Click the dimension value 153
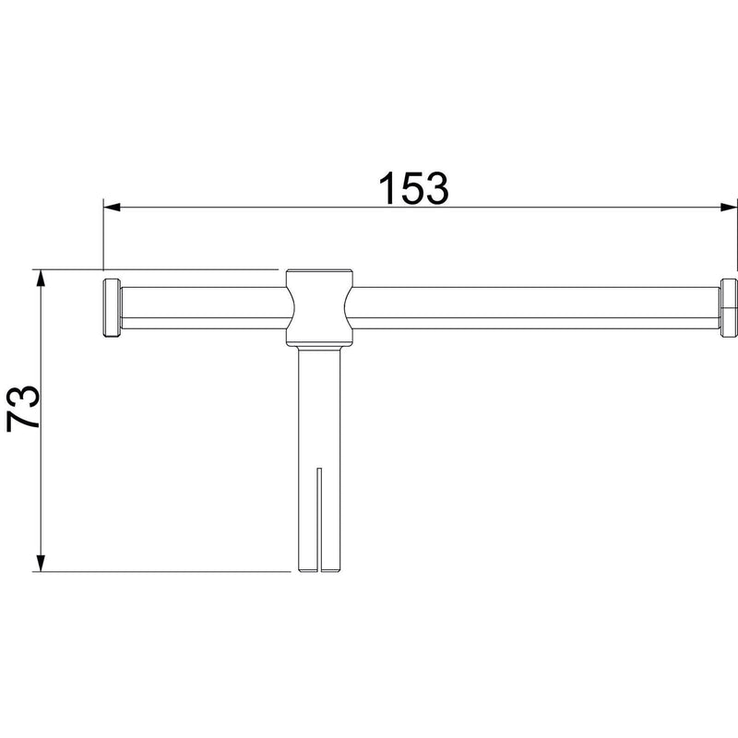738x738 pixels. [413, 188]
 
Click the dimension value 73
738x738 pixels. [22, 408]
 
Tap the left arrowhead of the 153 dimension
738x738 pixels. [112, 207]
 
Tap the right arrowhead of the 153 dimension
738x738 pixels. [729, 207]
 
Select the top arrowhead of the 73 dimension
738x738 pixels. [41, 278]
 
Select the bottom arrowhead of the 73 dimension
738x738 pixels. [41, 564]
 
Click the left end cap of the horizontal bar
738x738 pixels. [112, 308]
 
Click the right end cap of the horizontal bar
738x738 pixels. [728, 308]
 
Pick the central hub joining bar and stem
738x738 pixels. [319, 308]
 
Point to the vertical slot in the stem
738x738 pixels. [319, 520]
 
